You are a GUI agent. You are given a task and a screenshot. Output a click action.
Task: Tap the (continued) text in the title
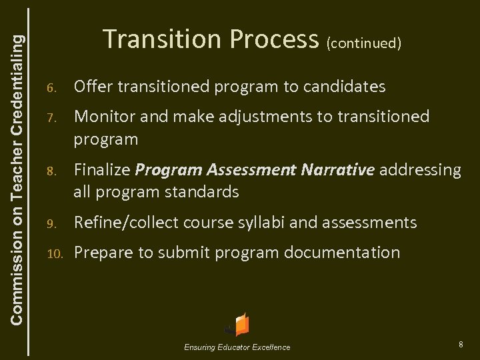coord(363,43)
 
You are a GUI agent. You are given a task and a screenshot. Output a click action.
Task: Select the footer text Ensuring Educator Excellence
coord(238,347)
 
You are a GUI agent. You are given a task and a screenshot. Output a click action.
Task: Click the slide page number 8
coord(461,344)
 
